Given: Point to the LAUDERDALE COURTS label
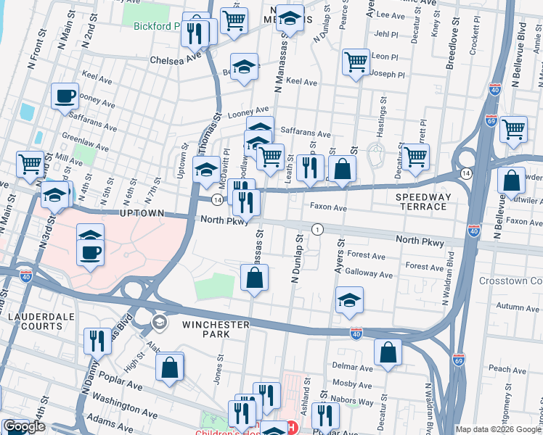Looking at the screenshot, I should [x=36, y=322].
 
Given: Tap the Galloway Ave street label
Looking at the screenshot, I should [x=370, y=275].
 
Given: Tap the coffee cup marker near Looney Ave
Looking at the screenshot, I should [x=65, y=96].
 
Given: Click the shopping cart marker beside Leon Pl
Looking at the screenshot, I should [x=356, y=62].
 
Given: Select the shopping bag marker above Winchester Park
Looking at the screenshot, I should [x=255, y=278].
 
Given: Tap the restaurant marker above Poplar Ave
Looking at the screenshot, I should [x=97, y=339].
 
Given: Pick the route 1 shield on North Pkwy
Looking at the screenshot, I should [x=317, y=230].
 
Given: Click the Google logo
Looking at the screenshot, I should [x=24, y=426].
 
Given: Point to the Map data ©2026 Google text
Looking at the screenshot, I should [x=497, y=429].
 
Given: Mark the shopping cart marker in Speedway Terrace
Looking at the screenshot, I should [x=415, y=157].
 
